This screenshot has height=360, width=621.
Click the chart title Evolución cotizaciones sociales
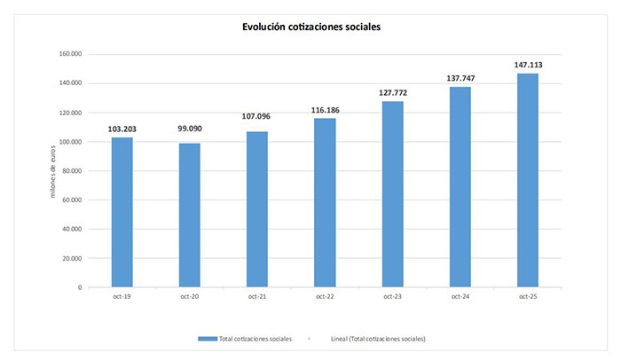point(310,27)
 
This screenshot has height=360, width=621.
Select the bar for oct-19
point(122,213)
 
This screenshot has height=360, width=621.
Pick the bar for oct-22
point(324,203)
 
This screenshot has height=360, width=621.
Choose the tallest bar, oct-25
point(527,181)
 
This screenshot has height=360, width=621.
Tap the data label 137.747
point(460,79)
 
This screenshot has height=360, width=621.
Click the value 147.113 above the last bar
point(527,65)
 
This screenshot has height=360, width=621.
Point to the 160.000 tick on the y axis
point(69,54)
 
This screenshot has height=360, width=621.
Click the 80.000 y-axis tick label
point(71,171)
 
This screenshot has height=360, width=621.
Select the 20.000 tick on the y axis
point(71,258)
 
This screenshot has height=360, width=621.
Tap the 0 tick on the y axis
point(80,287)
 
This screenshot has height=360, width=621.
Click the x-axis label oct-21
point(256,297)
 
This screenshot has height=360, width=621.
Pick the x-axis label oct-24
point(460,297)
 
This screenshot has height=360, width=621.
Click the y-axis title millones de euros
point(53,171)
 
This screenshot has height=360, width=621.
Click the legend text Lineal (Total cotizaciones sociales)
point(377,339)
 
